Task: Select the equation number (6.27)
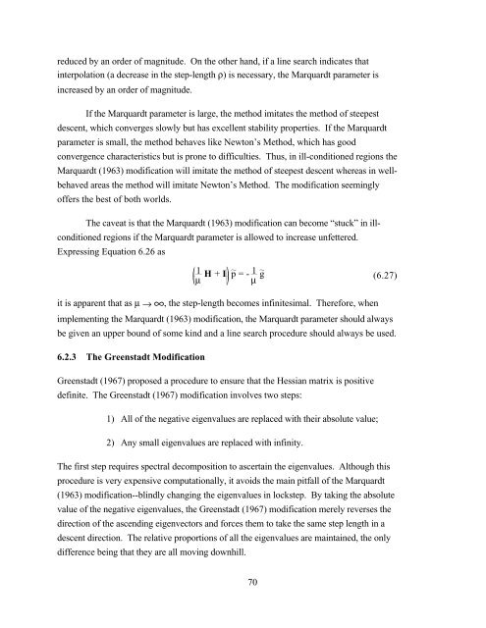(422, 280)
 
